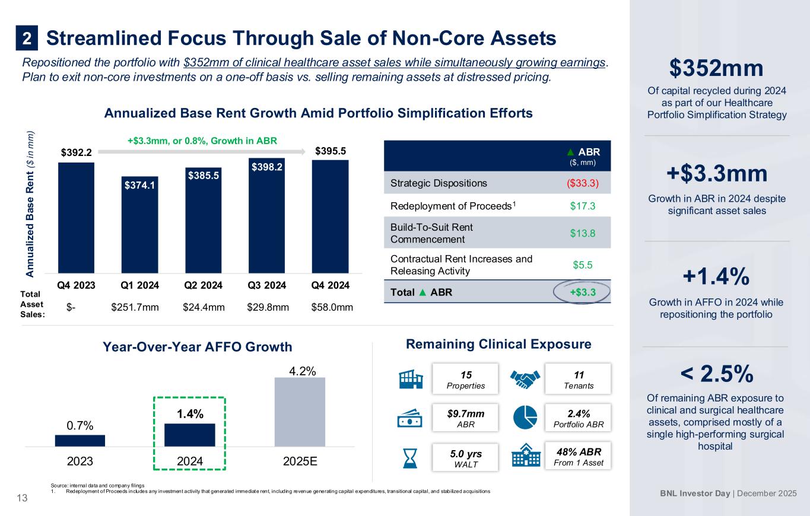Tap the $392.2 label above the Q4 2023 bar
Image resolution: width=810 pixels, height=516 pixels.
(x=76, y=152)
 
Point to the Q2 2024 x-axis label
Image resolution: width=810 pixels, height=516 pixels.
(x=203, y=285)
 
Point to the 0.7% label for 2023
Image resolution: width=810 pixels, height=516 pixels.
(x=80, y=425)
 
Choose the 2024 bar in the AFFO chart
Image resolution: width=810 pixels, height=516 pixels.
(x=189, y=434)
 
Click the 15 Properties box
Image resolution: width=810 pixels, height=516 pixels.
(x=465, y=378)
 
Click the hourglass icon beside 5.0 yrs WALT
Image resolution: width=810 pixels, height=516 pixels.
(x=410, y=457)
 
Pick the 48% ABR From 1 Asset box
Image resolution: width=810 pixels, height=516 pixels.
(x=577, y=456)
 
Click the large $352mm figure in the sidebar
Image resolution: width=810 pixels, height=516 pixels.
(x=716, y=68)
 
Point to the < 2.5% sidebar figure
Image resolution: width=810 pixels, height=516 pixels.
(x=716, y=374)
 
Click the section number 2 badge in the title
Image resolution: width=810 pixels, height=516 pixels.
(x=27, y=39)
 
